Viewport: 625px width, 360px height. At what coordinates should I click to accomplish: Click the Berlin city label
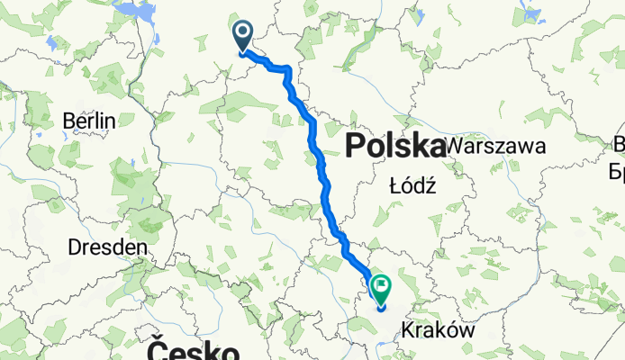coord(89,121)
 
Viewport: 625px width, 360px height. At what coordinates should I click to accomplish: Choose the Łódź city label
coord(412,186)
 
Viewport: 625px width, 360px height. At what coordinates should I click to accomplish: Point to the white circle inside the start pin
coord(244,33)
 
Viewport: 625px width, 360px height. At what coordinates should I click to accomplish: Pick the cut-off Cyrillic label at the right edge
coord(619,169)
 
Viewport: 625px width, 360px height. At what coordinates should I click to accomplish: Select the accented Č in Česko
coord(155,348)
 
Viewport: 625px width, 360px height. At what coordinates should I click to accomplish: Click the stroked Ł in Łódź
coord(394,186)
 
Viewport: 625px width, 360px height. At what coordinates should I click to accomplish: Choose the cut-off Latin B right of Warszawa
coord(620,144)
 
